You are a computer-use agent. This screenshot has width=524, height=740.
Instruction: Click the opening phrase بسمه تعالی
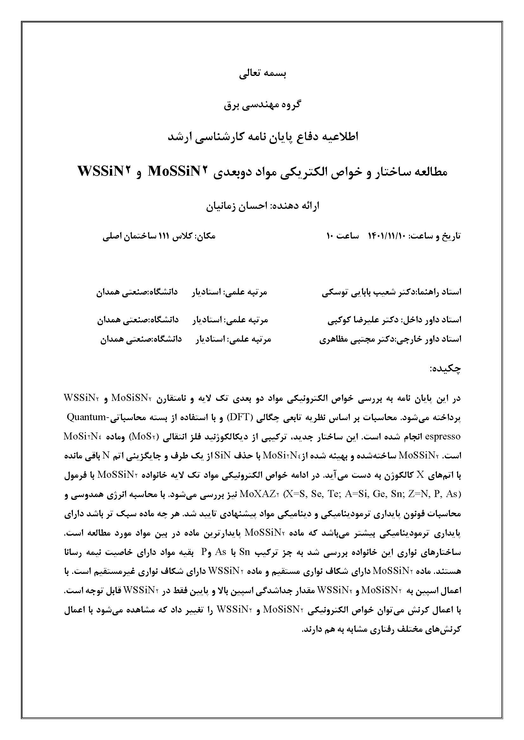(262, 74)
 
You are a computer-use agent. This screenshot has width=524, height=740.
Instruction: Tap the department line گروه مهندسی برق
(262, 105)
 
